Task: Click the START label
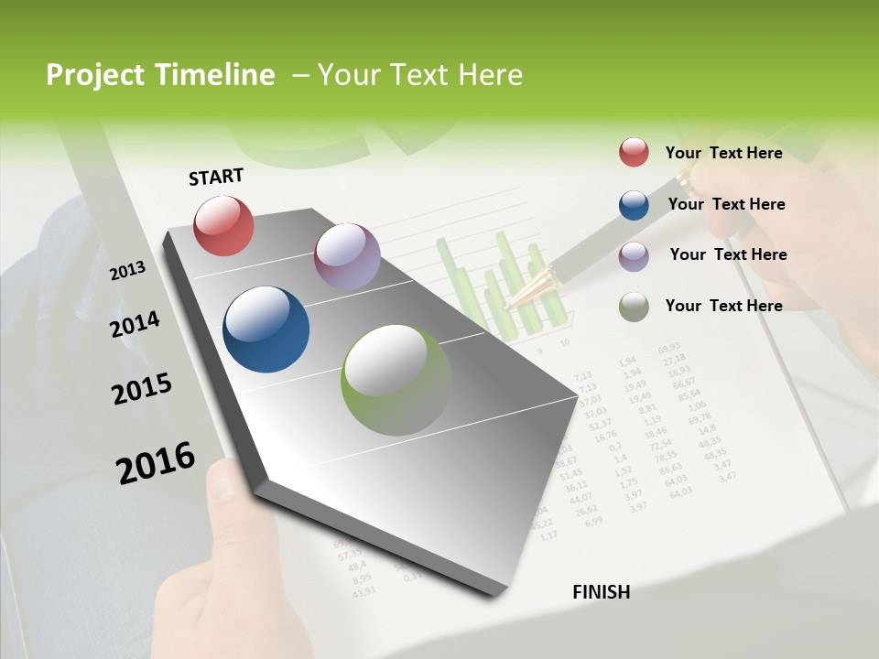[x=216, y=177]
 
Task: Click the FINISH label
[x=601, y=592]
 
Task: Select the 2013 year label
[x=127, y=270]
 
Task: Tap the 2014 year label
[x=135, y=324]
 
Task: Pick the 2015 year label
[x=141, y=389]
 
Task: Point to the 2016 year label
[x=155, y=462]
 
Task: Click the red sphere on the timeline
[x=223, y=225]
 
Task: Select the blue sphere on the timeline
[x=266, y=329]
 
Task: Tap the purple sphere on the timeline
[x=347, y=256]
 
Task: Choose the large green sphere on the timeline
[x=396, y=380]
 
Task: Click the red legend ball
[x=634, y=153]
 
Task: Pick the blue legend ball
[x=634, y=205]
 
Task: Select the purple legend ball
[x=634, y=255]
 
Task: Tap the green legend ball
[x=634, y=307]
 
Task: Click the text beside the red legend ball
[x=723, y=153]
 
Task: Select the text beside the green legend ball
[x=723, y=306]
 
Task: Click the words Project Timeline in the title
[x=160, y=75]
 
